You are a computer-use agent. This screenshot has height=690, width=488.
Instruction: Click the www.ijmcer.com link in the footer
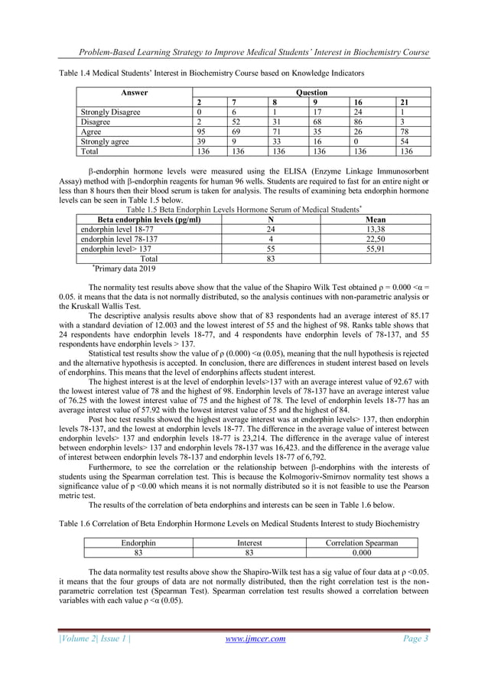pos(252,660)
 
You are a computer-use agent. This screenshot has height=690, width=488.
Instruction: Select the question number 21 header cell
pos(403,103)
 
